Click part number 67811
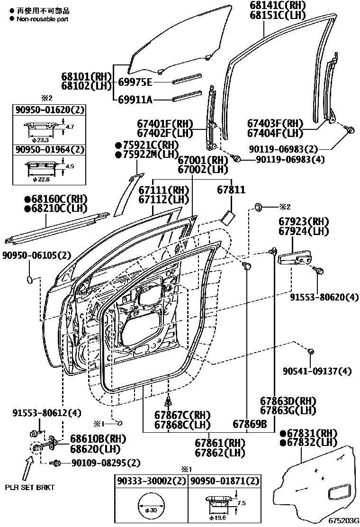(x=231, y=190)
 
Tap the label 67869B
(x=250, y=424)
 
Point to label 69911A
(x=135, y=100)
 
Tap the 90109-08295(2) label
(x=99, y=462)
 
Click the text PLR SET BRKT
(x=30, y=487)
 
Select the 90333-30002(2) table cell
(x=151, y=481)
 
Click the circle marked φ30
(x=151, y=507)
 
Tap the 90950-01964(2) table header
(x=49, y=149)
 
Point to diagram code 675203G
(x=343, y=519)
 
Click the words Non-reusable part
(x=42, y=19)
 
